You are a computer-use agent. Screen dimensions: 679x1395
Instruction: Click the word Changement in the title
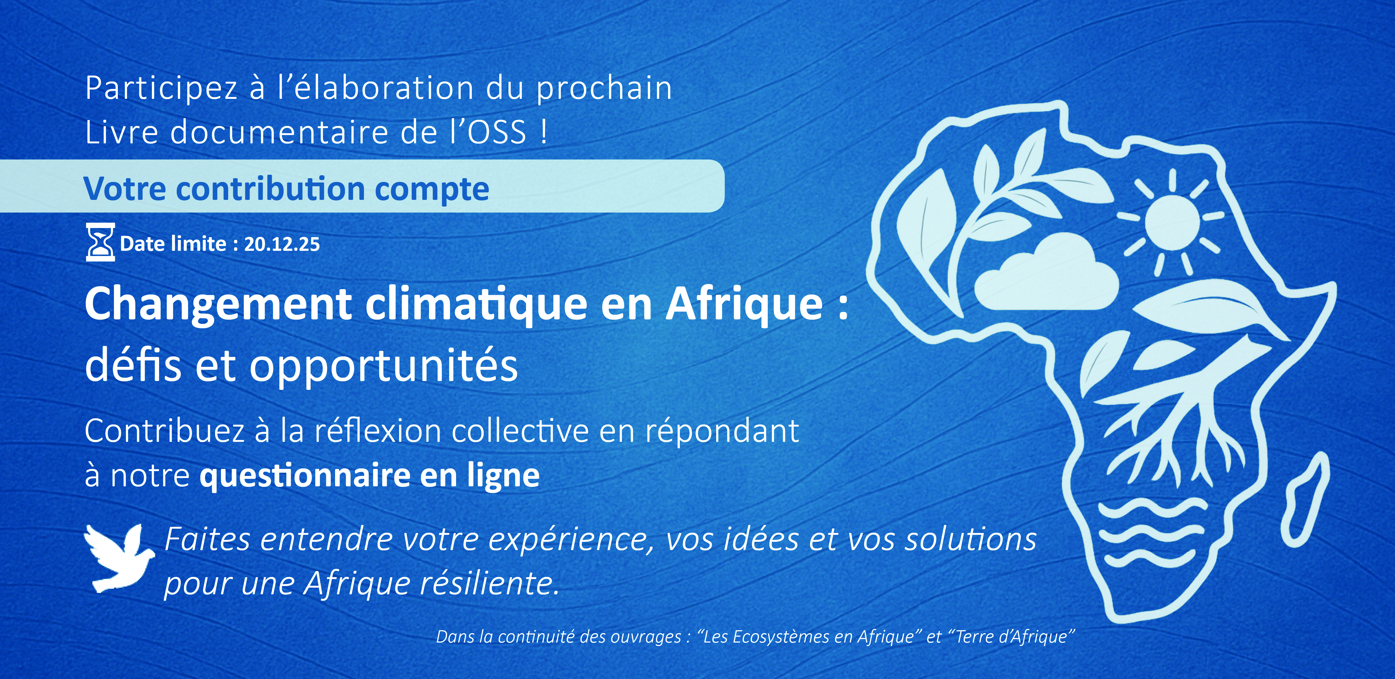(218, 305)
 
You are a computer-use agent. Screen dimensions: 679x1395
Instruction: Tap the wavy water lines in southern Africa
(1151, 536)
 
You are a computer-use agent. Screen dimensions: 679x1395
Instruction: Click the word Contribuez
(164, 432)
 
